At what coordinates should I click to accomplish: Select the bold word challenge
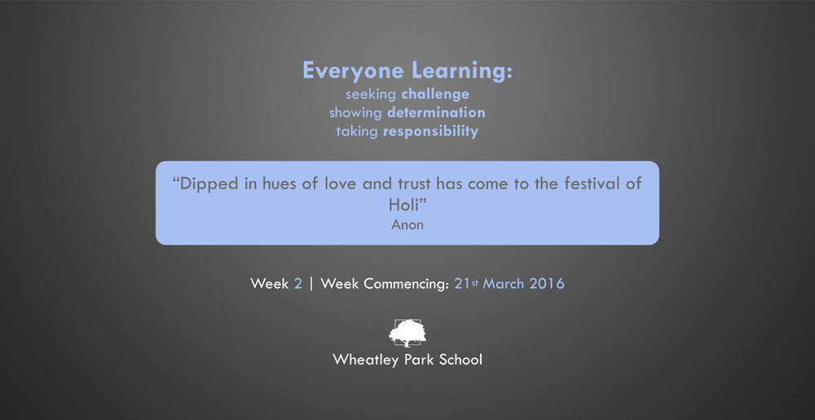tap(435, 95)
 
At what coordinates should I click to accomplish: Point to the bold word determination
tap(436, 113)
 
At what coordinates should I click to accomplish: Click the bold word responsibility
tap(430, 131)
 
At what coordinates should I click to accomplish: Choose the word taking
tap(357, 132)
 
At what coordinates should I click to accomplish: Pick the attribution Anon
tap(407, 225)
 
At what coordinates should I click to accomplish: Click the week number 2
tap(297, 284)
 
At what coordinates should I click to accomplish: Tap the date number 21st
tap(466, 284)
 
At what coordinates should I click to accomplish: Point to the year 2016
tap(547, 284)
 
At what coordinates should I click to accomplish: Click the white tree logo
tap(407, 333)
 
